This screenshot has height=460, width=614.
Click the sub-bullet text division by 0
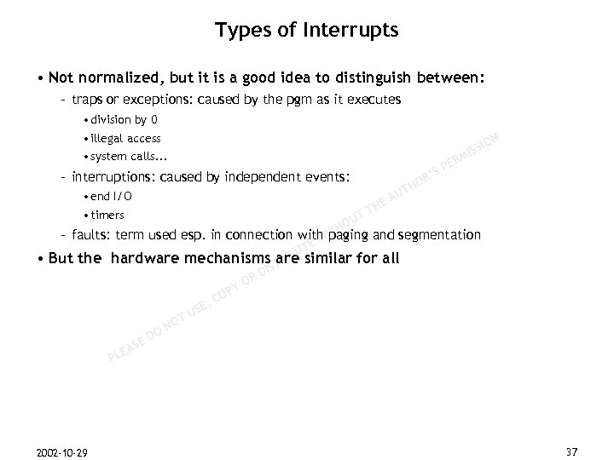coord(123,119)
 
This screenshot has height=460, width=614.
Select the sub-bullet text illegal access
coord(126,138)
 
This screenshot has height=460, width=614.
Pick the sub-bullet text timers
coord(107,215)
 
